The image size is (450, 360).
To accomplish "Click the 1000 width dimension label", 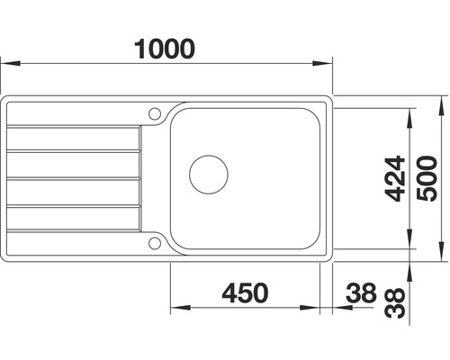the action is (165, 49).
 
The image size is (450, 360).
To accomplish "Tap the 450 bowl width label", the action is (245, 292).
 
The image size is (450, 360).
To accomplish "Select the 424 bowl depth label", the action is (395, 178).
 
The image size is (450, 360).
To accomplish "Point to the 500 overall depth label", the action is (427, 178).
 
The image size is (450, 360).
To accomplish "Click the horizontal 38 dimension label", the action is (361, 292).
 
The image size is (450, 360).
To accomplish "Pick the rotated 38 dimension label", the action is (395, 303).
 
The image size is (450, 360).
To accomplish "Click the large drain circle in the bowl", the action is (209, 175).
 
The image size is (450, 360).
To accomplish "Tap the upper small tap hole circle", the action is (155, 113).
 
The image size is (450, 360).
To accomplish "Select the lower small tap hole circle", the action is (155, 243).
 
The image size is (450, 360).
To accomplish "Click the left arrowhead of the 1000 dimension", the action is (10, 63).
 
